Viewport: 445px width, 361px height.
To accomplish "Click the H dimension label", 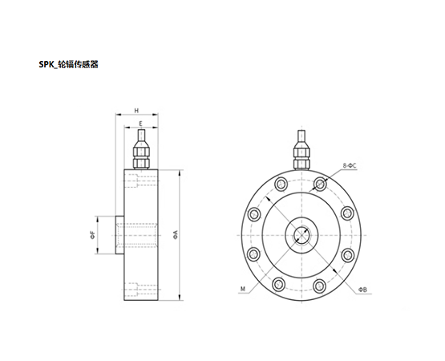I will (137, 110).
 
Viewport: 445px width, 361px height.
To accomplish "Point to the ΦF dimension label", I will (93, 235).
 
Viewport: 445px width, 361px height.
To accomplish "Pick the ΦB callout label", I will (362, 289).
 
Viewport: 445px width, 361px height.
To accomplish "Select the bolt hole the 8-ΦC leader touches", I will (321, 185).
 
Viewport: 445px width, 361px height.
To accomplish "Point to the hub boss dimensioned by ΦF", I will (118, 235).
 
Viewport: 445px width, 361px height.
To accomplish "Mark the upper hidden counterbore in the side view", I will (142, 181).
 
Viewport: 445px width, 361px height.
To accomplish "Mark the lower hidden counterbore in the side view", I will (142, 289).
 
